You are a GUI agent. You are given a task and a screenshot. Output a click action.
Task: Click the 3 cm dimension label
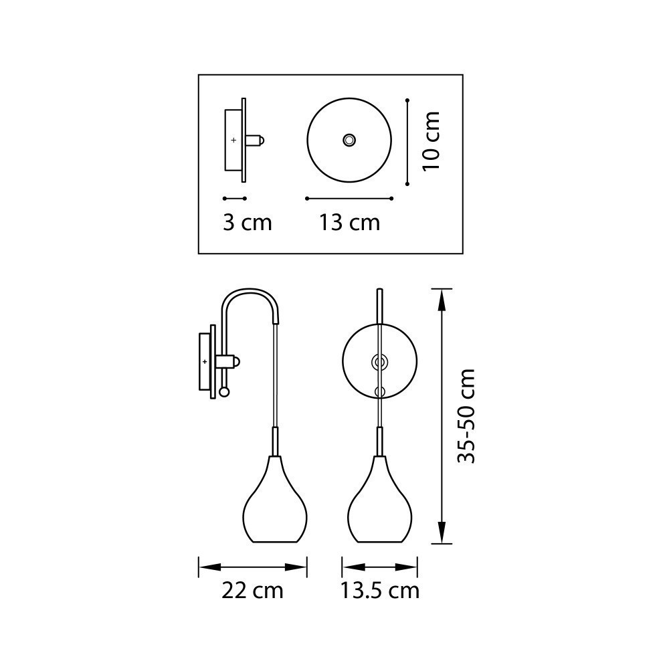(x=248, y=222)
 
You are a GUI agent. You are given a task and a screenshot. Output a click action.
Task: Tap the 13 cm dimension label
(x=349, y=222)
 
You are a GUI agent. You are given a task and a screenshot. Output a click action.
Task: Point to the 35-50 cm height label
(x=466, y=415)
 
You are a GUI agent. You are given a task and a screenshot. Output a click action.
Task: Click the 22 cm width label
(x=252, y=591)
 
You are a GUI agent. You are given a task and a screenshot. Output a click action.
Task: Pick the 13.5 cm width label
(x=379, y=591)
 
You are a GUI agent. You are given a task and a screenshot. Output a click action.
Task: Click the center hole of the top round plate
(x=349, y=140)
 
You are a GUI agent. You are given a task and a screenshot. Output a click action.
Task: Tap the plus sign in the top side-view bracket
(x=233, y=140)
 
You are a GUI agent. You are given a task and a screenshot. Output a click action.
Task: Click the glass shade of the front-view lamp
(x=379, y=502)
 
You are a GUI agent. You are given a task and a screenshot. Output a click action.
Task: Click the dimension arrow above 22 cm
(x=252, y=567)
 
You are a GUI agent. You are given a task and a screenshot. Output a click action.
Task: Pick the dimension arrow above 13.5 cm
(x=379, y=567)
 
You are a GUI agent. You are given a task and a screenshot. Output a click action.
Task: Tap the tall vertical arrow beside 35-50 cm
(x=441, y=415)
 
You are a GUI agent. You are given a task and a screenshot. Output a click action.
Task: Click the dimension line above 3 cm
(x=235, y=199)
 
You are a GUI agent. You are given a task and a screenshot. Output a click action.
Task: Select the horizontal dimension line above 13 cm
(x=349, y=199)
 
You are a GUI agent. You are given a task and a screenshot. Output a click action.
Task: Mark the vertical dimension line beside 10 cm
(x=407, y=140)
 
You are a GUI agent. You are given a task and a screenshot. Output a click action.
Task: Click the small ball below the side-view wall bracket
(x=224, y=391)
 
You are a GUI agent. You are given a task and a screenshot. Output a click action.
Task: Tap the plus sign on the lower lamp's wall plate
(x=205, y=361)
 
